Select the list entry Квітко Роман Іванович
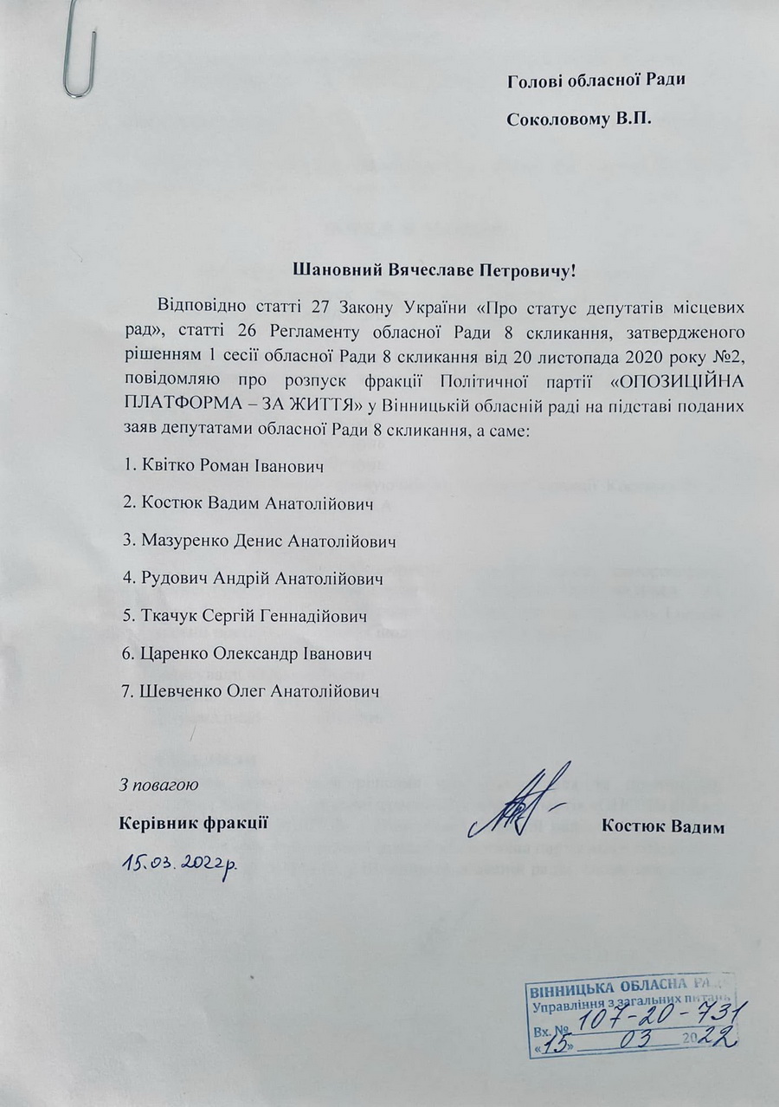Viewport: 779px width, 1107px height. click(x=225, y=467)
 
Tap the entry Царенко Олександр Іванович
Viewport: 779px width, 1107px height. click(x=248, y=653)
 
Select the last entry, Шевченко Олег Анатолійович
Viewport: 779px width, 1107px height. click(x=252, y=691)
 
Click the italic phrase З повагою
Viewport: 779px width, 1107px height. click(x=160, y=787)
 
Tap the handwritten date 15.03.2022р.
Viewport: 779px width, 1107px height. click(x=181, y=862)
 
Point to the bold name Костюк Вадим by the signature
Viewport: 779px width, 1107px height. click(x=662, y=825)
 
